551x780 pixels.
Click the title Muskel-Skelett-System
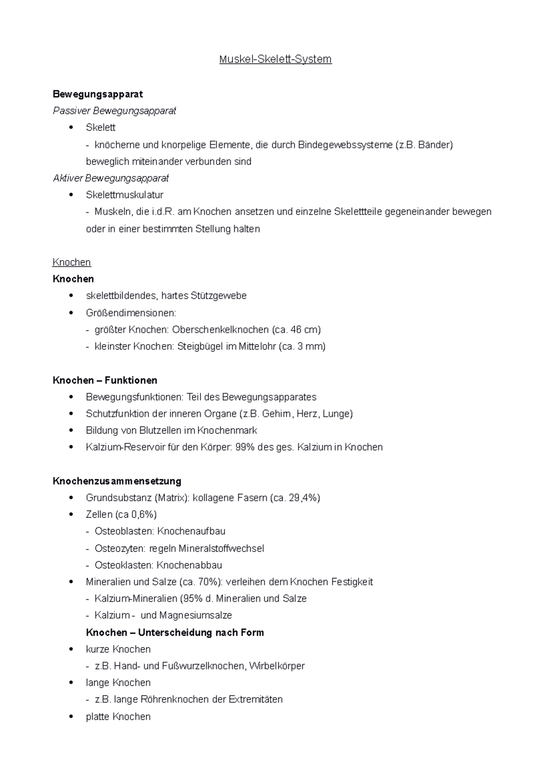[x=275, y=59]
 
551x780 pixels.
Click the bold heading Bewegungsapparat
[x=98, y=94]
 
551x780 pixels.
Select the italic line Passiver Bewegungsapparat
[x=114, y=111]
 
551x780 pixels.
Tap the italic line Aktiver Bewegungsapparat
[x=111, y=178]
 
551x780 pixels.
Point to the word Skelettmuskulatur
[x=124, y=195]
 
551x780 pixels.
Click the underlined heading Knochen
[x=72, y=262]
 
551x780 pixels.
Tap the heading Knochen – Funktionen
[x=105, y=380]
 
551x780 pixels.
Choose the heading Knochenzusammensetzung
[x=117, y=481]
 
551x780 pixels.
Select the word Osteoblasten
[x=124, y=531]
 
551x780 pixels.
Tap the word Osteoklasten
[x=124, y=565]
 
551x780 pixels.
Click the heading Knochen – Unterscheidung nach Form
[x=175, y=633]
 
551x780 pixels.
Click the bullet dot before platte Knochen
[x=71, y=717]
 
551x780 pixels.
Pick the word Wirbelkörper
[x=277, y=666]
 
